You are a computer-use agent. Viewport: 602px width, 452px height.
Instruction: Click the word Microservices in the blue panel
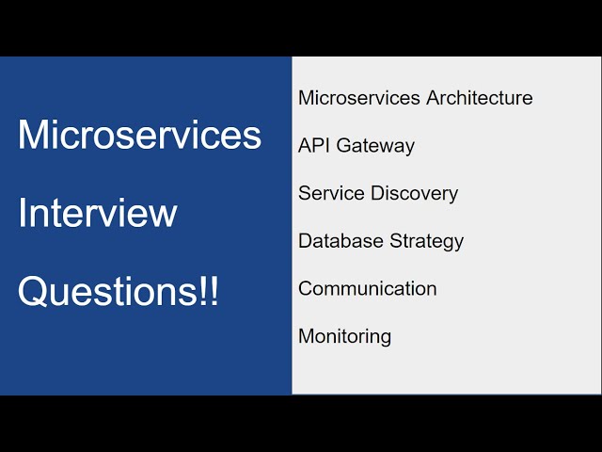(x=139, y=136)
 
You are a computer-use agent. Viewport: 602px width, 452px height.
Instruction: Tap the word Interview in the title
(x=97, y=214)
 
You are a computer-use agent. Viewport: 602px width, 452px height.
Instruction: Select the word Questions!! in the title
(x=119, y=292)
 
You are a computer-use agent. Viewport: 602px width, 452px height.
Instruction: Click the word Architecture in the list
(x=480, y=98)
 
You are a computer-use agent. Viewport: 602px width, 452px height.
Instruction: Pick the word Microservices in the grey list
(x=359, y=98)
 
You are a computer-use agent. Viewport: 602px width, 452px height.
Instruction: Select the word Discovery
(x=414, y=193)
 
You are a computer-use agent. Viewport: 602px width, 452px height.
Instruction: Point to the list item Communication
(x=368, y=289)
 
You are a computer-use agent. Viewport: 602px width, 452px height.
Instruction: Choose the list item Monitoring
(x=345, y=336)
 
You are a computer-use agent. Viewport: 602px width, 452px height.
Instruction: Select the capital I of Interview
(x=23, y=214)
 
